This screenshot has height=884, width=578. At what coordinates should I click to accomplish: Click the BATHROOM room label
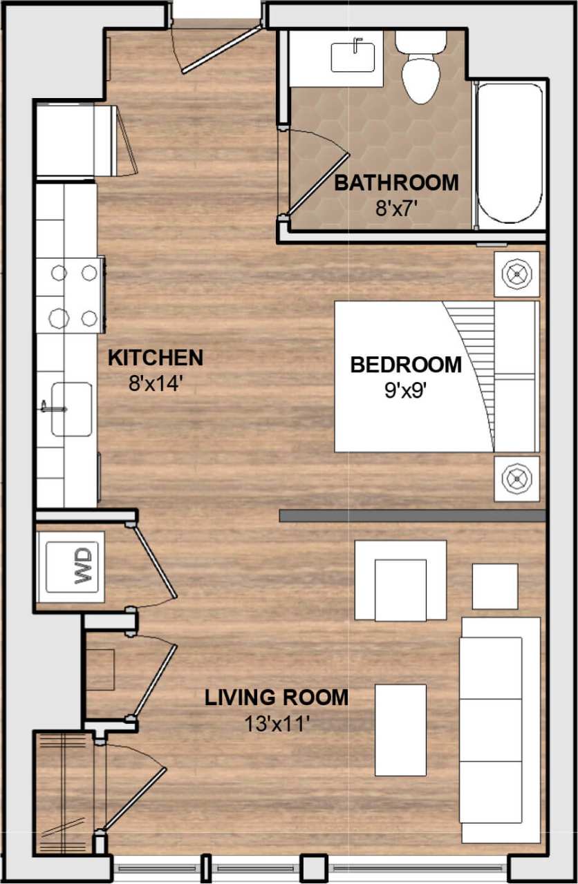(x=396, y=183)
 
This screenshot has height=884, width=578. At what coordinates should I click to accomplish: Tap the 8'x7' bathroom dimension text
(x=397, y=208)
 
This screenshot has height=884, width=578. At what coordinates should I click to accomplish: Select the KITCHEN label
(x=156, y=358)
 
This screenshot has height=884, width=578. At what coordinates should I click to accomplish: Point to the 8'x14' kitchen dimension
(x=155, y=383)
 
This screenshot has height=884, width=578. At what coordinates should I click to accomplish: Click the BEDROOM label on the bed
(x=405, y=365)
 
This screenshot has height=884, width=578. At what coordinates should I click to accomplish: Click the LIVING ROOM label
(x=276, y=698)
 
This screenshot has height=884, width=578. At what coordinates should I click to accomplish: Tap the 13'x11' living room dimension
(x=275, y=723)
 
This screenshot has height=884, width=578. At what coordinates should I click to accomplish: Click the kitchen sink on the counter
(x=71, y=409)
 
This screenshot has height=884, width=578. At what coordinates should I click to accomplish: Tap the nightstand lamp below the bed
(x=516, y=477)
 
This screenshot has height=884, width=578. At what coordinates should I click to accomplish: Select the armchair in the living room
(x=400, y=581)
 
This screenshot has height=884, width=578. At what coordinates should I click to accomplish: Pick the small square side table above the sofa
(x=495, y=586)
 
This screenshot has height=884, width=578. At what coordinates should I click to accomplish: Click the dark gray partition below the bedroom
(x=413, y=516)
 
